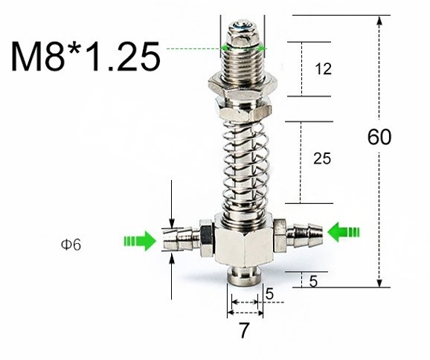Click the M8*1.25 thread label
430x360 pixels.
coord(86,57)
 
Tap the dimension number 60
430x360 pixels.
coord(379,137)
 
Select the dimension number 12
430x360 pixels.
coord(324,69)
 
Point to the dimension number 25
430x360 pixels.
coord(322,158)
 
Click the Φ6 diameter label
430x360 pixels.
coord(71,245)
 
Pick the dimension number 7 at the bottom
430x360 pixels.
coord(244,330)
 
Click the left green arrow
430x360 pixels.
coord(140,241)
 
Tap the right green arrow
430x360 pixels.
coord(344,232)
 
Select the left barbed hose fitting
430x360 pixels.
coord(187,239)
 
